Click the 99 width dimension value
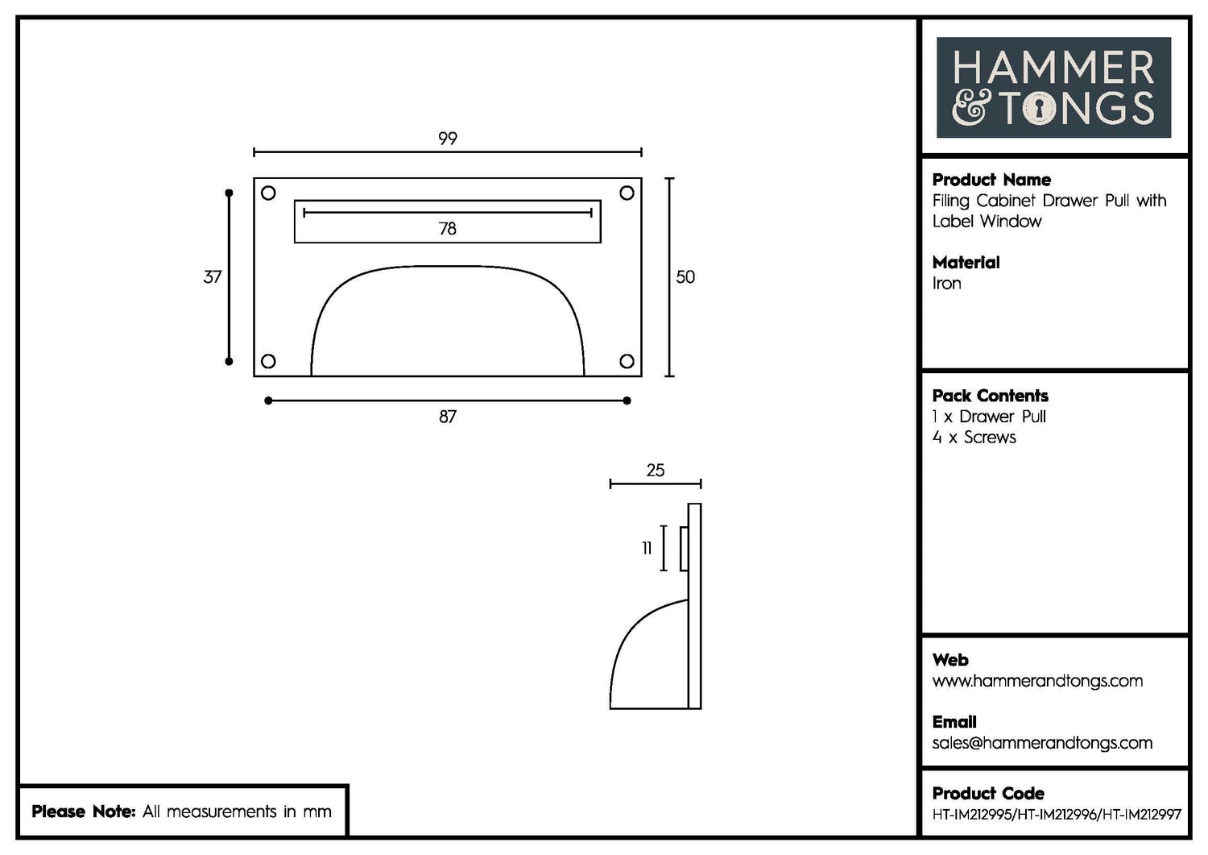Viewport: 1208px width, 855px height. click(x=448, y=139)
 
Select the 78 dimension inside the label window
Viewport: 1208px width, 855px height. click(x=448, y=229)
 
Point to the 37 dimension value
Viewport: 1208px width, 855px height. click(x=212, y=277)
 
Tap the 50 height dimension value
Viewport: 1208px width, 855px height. click(x=685, y=277)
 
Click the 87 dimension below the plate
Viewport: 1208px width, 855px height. click(x=448, y=417)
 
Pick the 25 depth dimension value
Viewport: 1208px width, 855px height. click(x=656, y=471)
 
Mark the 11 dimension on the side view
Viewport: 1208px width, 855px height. click(x=647, y=549)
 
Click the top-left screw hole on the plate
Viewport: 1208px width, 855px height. click(x=269, y=193)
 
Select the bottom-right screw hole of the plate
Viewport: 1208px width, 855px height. click(x=627, y=361)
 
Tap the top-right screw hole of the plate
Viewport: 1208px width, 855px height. click(x=627, y=193)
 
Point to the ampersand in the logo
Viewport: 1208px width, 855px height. click(x=971, y=109)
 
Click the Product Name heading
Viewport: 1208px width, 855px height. click(x=991, y=180)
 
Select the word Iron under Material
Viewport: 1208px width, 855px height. click(x=947, y=284)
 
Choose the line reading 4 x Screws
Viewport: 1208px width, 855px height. click(x=974, y=438)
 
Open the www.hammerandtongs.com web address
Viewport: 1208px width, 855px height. click(x=1037, y=681)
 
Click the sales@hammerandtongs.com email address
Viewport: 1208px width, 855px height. click(x=1042, y=743)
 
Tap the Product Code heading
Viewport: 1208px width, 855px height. click(x=988, y=793)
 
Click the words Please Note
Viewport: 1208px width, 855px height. click(x=83, y=811)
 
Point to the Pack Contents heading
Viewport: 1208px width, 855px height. click(x=991, y=396)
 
